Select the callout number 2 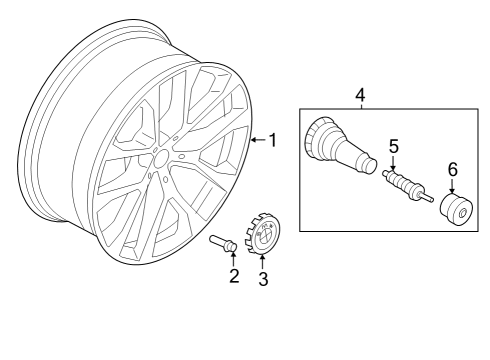coord(234,276)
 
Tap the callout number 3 coord(264,280)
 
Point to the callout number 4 coord(360,94)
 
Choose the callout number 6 coord(452,170)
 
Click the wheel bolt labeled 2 coord(221,242)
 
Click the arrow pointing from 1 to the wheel coord(256,140)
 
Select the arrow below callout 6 coord(452,186)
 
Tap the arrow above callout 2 coord(234,260)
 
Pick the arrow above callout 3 coord(264,262)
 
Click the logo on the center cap coord(264,238)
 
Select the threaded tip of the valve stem coord(368,167)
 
